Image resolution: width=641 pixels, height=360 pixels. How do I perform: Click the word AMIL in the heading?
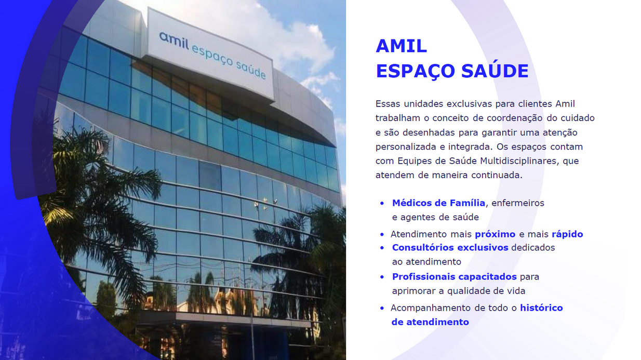click(401, 46)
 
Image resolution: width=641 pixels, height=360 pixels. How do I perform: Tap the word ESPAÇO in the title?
click(415, 71)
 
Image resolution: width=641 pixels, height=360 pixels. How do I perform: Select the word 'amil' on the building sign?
click(174, 41)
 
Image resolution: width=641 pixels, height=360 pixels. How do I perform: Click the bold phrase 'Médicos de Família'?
click(438, 203)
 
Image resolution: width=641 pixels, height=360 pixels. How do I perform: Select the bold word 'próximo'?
click(495, 235)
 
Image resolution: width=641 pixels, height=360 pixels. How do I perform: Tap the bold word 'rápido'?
click(567, 235)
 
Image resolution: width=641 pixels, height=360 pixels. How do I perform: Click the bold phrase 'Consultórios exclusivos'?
click(450, 248)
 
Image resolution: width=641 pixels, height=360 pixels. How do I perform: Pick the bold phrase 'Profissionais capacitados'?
click(455, 277)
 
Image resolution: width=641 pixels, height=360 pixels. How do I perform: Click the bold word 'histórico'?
click(541, 308)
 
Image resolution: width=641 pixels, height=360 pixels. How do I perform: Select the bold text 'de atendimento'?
click(430, 322)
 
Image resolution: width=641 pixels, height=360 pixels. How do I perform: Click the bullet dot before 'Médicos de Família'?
click(382, 204)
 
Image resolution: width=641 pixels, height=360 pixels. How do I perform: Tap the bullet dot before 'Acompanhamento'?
click(382, 308)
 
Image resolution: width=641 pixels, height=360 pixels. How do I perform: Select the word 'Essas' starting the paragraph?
click(388, 103)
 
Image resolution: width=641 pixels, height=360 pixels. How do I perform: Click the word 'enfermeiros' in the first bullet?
click(518, 203)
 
